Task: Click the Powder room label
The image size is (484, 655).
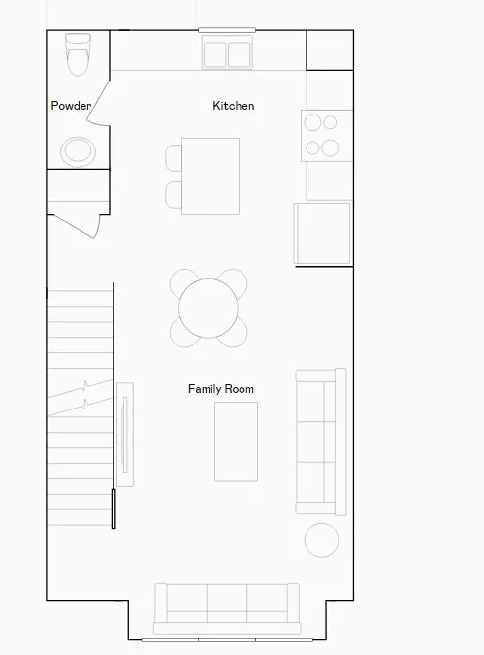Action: (71, 105)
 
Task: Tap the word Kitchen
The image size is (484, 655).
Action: (234, 105)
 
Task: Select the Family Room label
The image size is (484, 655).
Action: (221, 389)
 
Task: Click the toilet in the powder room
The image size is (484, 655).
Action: (79, 54)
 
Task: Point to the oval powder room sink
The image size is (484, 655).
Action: (79, 151)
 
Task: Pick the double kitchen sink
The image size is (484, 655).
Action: (227, 52)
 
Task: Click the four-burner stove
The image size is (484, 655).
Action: (327, 136)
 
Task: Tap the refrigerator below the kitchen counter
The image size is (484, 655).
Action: (322, 233)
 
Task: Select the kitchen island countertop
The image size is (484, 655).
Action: (210, 177)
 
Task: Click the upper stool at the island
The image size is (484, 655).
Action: (174, 158)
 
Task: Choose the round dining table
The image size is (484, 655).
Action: (209, 308)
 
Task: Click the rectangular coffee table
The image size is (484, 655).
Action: (236, 442)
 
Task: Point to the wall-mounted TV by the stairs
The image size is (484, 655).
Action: (124, 435)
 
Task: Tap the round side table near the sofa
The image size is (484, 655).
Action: (322, 540)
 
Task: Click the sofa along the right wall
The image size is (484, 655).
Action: (321, 442)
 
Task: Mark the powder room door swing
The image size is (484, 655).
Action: (99, 102)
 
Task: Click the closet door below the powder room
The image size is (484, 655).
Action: (74, 226)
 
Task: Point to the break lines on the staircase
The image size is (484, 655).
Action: (80, 398)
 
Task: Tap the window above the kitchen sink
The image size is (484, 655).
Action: (227, 30)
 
